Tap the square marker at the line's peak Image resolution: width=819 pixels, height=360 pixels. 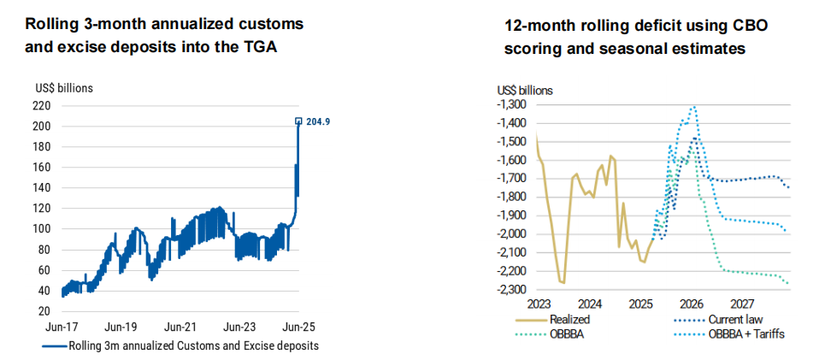tap(298, 121)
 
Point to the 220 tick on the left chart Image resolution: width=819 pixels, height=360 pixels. tap(43, 106)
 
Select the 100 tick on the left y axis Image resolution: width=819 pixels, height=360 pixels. tap(43, 229)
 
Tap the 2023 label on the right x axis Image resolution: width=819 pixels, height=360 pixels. tap(540, 304)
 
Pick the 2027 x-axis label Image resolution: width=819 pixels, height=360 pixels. tap(742, 304)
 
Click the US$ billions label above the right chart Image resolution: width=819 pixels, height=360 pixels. tap(526, 90)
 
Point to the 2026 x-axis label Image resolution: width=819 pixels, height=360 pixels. tap(692, 304)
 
